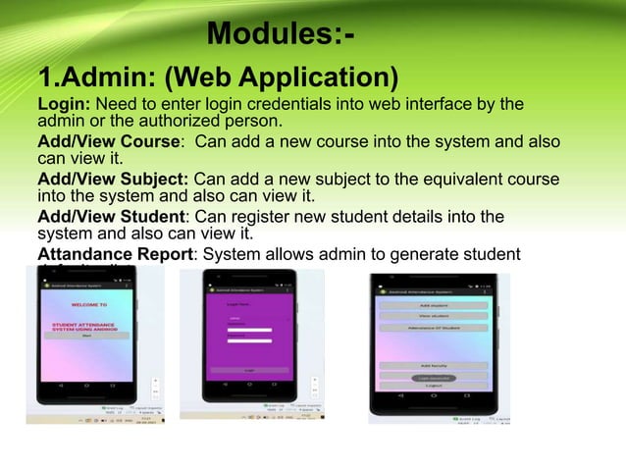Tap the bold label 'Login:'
[x=63, y=104]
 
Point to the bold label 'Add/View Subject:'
[x=114, y=179]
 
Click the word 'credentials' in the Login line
[x=274, y=104]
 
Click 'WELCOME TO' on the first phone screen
[x=90, y=305]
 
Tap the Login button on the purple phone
[x=249, y=370]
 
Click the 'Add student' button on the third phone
[x=433, y=305]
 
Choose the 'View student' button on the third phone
[x=433, y=317]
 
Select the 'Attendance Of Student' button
[x=433, y=329]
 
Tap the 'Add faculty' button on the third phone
[x=433, y=365]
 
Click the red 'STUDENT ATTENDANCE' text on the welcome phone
[x=90, y=321]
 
